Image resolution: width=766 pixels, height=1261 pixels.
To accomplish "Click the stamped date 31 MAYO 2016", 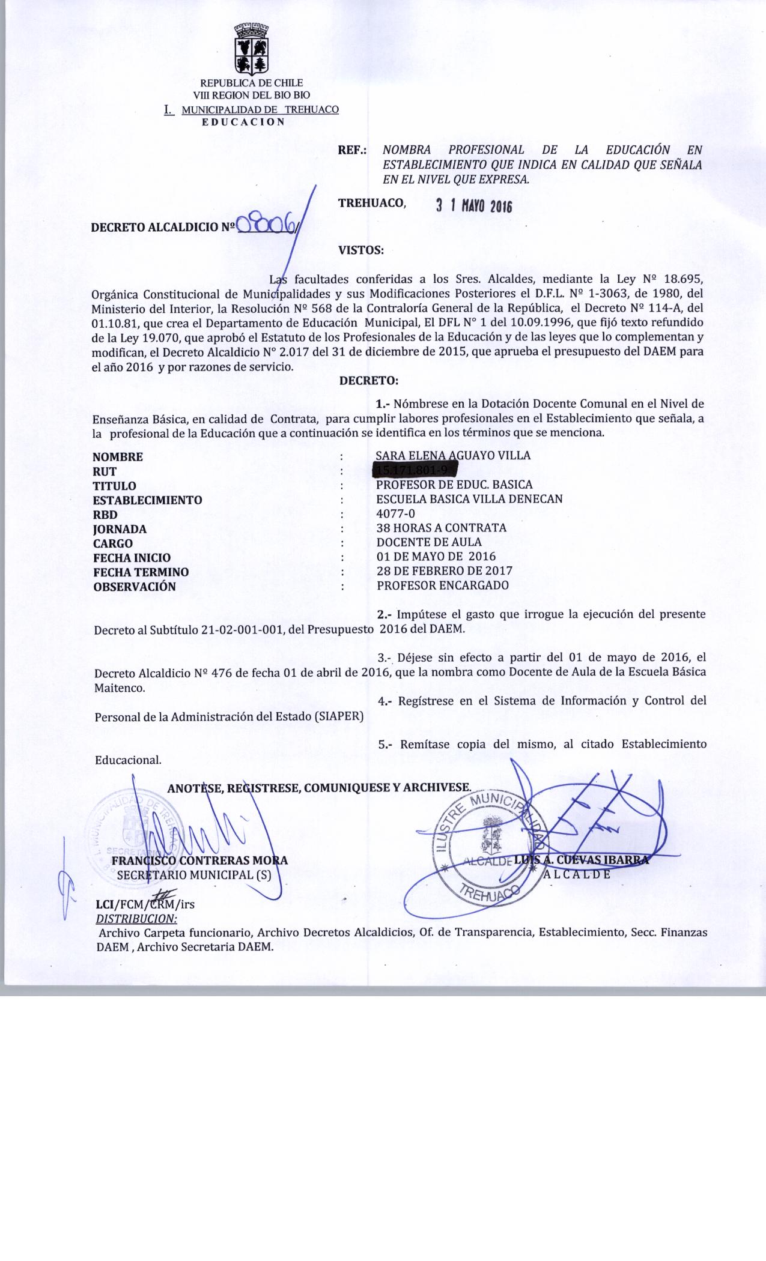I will [473, 207].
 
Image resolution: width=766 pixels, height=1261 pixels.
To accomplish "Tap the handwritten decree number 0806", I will [268, 226].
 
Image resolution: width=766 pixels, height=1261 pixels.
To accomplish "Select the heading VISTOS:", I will [361, 250].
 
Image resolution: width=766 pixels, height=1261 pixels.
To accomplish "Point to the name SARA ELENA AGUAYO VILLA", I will [453, 455].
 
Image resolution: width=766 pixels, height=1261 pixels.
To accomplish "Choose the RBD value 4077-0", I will [395, 513].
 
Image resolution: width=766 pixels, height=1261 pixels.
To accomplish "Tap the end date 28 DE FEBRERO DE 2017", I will [444, 571].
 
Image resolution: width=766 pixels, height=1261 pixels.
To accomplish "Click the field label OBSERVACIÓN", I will [134, 587].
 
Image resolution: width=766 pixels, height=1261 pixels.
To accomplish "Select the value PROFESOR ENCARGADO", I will [443, 585].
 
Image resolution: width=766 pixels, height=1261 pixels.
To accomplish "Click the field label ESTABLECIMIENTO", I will [147, 500].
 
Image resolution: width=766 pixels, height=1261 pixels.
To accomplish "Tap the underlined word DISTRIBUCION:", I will [136, 919].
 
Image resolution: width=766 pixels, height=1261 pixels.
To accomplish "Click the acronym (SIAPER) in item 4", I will [339, 716].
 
